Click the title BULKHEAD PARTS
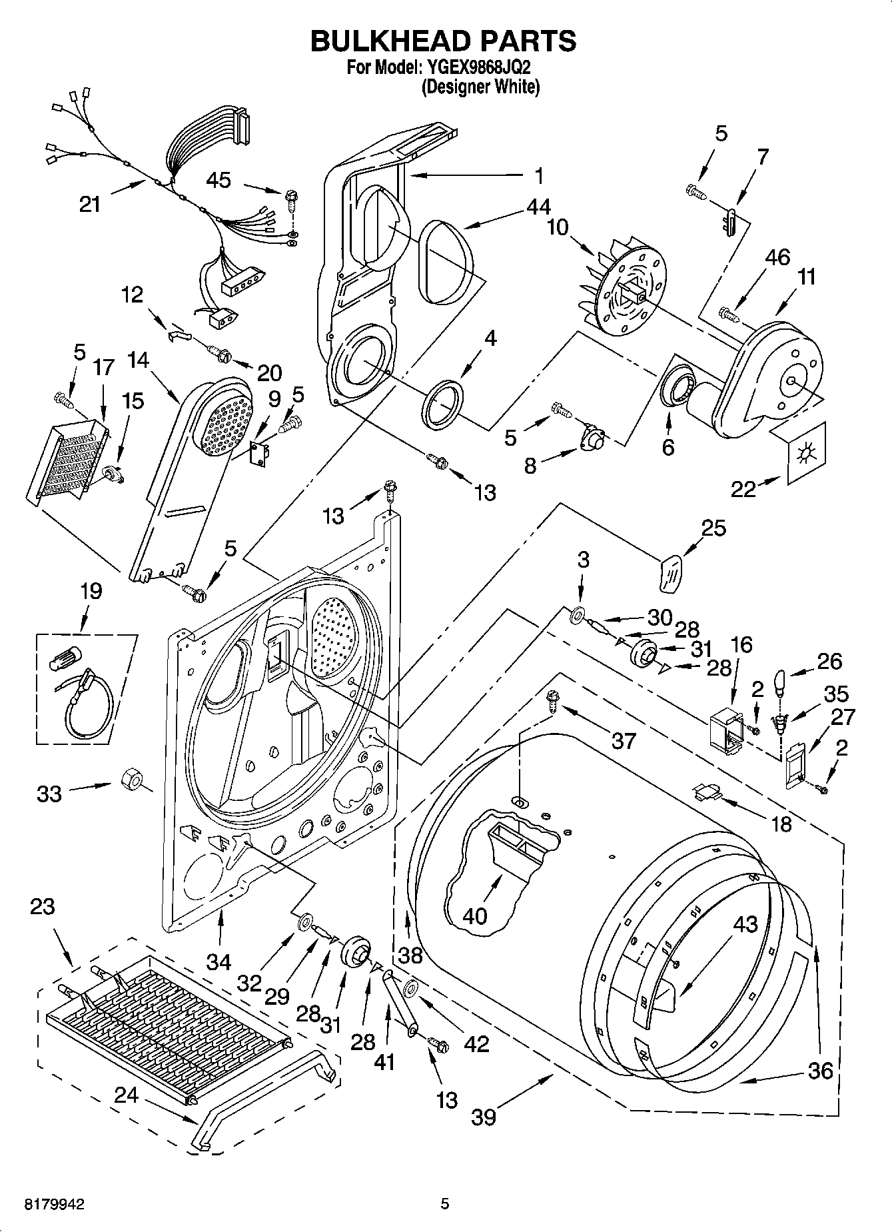tap(444, 41)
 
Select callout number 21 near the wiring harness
tap(90, 203)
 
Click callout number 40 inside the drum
tap(474, 916)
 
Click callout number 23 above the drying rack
tap(43, 907)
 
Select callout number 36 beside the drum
tap(820, 1070)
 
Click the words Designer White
tap(480, 87)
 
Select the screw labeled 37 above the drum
tap(552, 699)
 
